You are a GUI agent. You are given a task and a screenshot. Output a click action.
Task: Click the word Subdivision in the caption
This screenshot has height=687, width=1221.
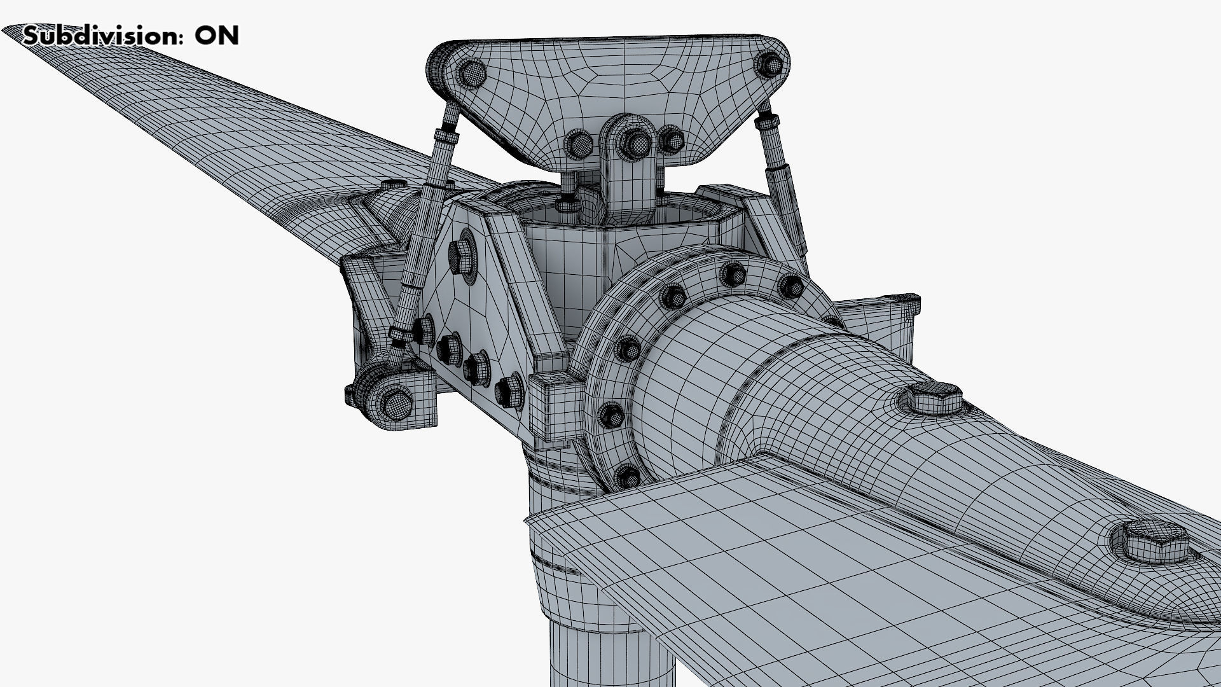coord(100,36)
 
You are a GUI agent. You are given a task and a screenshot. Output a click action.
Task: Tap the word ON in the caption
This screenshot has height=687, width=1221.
coord(216,36)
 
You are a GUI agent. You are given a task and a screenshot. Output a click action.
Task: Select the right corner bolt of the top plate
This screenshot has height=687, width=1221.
coord(769,64)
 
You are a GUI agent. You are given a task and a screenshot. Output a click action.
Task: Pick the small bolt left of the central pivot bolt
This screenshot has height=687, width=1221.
coord(579,144)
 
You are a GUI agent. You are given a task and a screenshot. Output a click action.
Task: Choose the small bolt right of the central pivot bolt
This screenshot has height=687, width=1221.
coord(672,140)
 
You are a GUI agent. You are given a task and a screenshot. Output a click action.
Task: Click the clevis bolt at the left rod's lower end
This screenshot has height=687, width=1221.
coord(396,402)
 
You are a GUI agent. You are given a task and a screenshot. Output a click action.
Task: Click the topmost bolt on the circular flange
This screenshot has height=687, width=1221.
coord(733,275)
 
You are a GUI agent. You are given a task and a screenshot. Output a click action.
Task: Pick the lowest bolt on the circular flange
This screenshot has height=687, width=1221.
coord(628,475)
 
